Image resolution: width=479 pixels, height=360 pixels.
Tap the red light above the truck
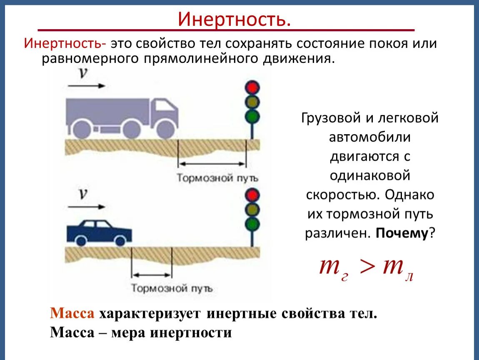pos(252,87)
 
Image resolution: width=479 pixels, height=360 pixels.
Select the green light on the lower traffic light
pos(252,224)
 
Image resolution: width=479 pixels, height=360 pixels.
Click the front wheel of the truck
pos(165,129)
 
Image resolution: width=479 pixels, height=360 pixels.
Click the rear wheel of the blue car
pos(82,240)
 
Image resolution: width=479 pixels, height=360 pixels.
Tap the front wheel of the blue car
pos(120,240)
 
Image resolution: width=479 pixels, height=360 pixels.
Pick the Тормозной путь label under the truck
pos(217,178)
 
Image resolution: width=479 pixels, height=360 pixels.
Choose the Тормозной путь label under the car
pos(172,288)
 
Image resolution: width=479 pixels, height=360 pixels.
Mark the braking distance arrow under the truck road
pos(212,164)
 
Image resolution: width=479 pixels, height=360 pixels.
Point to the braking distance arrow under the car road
pos(152,275)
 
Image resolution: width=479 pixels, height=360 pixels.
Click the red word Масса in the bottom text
pos(72,313)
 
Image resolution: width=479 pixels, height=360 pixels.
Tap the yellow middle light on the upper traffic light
pos(252,102)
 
